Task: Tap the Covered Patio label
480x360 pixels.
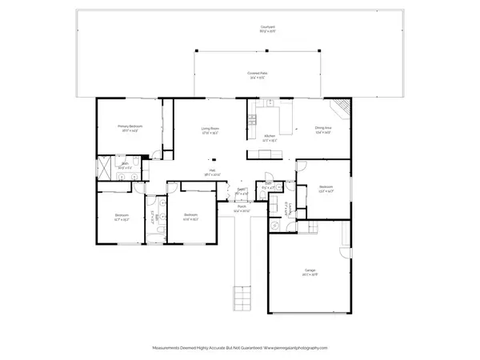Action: coord(256,74)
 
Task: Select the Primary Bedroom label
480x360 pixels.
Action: coord(130,126)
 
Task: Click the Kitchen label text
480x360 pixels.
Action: coord(270,137)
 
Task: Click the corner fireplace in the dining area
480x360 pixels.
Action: coord(342,106)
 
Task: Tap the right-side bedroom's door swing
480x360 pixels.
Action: coord(302,168)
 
